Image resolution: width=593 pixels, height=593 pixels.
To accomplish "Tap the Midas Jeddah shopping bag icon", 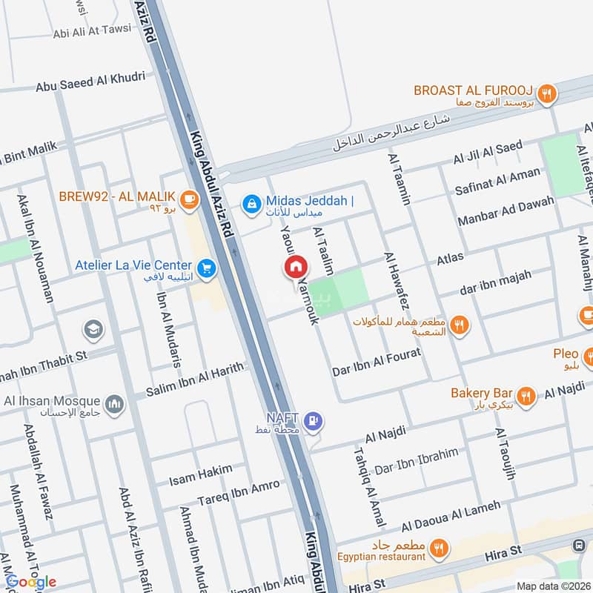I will [253, 202].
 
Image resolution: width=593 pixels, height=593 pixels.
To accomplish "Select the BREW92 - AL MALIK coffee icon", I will [189, 198].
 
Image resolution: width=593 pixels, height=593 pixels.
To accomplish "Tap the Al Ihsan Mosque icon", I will [113, 404].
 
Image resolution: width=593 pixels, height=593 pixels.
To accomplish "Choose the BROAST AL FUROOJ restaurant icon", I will [547, 93].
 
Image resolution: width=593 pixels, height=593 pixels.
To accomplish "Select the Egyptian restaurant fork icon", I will [440, 549].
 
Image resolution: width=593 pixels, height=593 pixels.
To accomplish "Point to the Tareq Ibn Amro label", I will [239, 491].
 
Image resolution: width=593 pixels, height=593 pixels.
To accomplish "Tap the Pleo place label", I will [566, 354].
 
